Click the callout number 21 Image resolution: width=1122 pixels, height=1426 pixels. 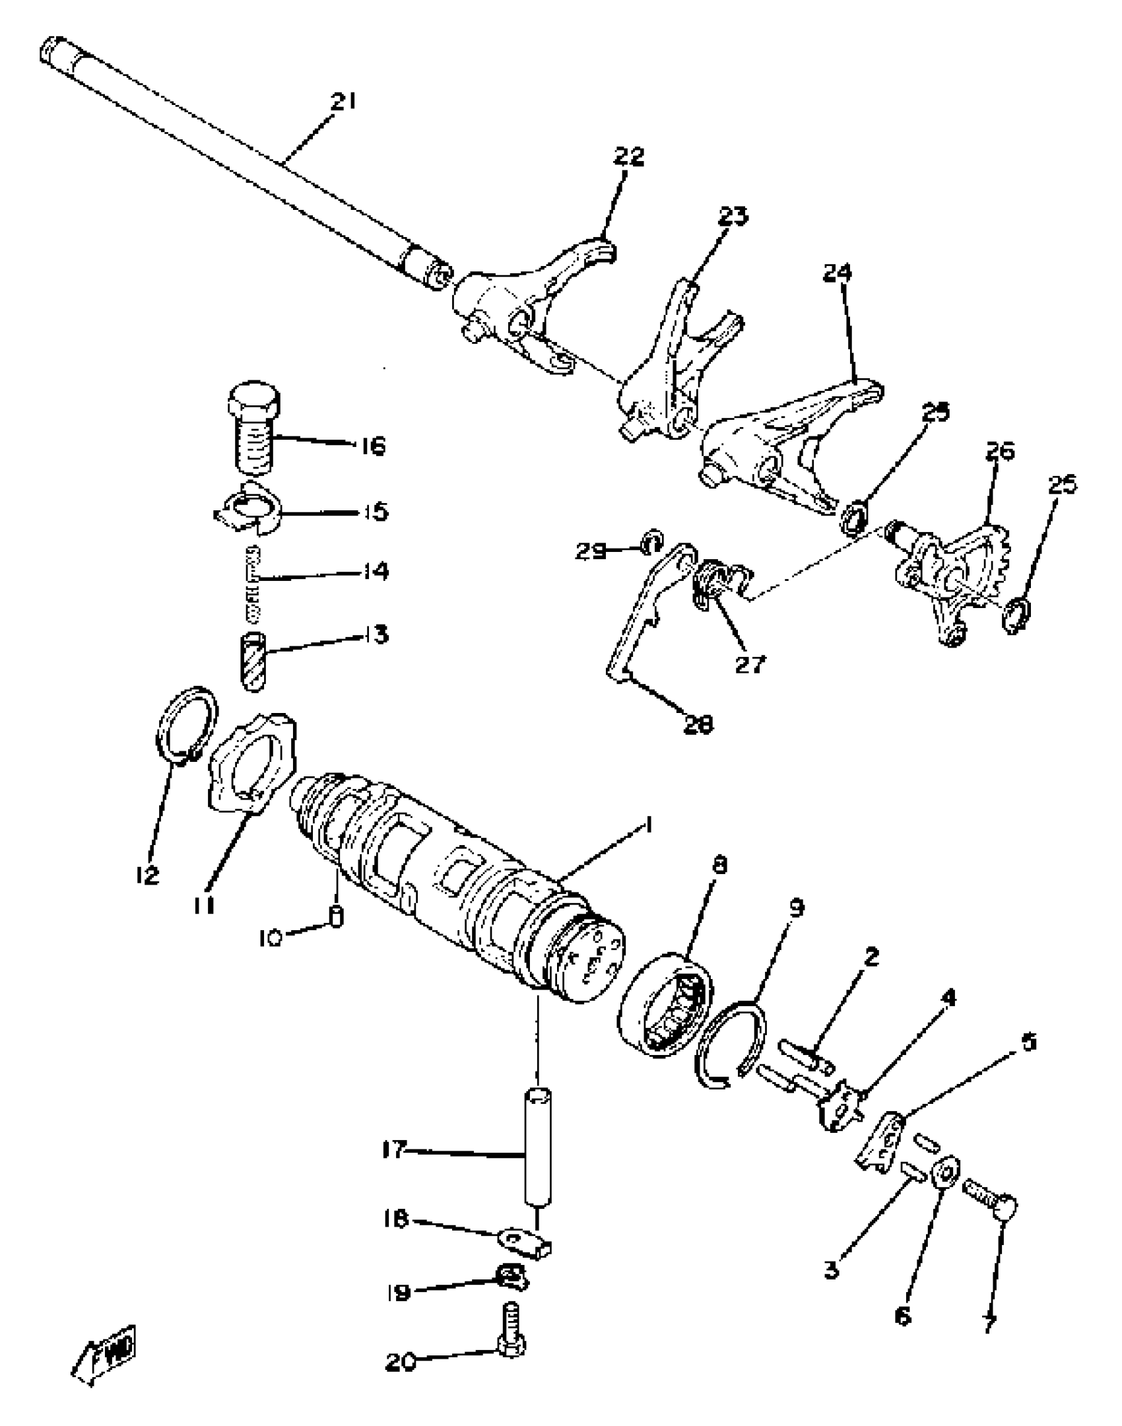(343, 102)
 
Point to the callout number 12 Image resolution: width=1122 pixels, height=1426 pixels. (148, 876)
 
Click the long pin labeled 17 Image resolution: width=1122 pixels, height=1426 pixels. (538, 1149)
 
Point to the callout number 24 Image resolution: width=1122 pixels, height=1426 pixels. (838, 273)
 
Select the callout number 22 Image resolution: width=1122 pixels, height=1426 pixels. (628, 156)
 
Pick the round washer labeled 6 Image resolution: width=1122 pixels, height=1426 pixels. (946, 1172)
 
